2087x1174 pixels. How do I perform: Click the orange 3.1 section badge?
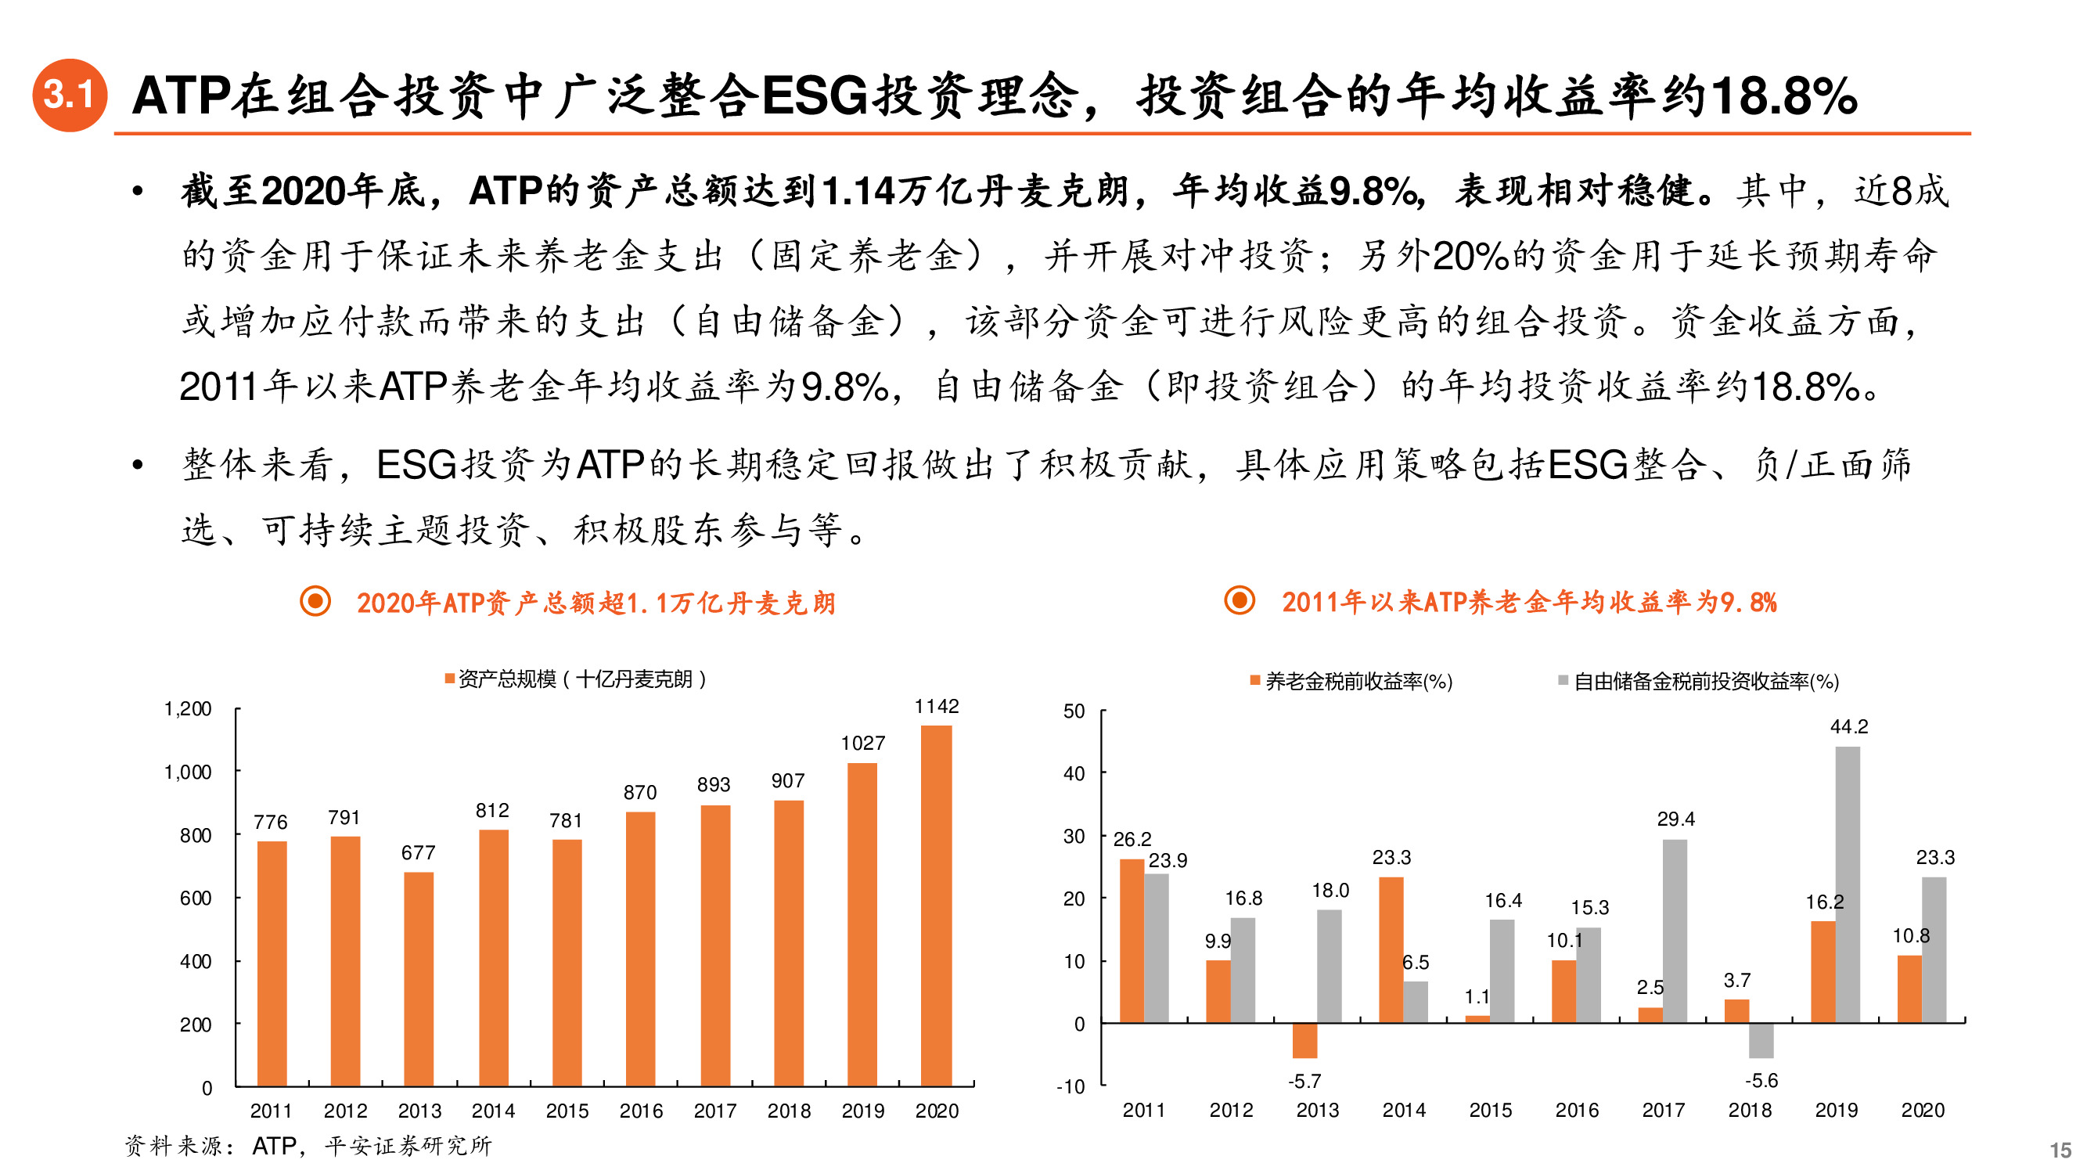[x=69, y=95]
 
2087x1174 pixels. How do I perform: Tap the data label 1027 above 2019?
[x=862, y=743]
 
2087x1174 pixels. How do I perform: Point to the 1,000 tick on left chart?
[x=188, y=772]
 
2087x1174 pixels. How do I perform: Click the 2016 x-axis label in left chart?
[x=641, y=1111]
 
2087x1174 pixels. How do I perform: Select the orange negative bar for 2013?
[x=1304, y=1041]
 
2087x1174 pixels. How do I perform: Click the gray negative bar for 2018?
[x=1761, y=1041]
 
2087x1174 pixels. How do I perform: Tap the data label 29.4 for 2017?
[x=1675, y=819]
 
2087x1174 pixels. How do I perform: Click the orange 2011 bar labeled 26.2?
[x=1132, y=940]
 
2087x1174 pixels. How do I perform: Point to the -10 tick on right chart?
[x=1070, y=1086]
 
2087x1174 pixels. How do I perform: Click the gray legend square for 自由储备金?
[x=1563, y=681]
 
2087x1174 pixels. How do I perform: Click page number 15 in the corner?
[x=2060, y=1150]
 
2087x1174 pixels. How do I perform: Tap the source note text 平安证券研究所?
[x=408, y=1146]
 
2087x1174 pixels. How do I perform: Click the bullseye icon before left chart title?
[x=315, y=601]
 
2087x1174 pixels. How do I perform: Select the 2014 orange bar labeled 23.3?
[x=1391, y=949]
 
